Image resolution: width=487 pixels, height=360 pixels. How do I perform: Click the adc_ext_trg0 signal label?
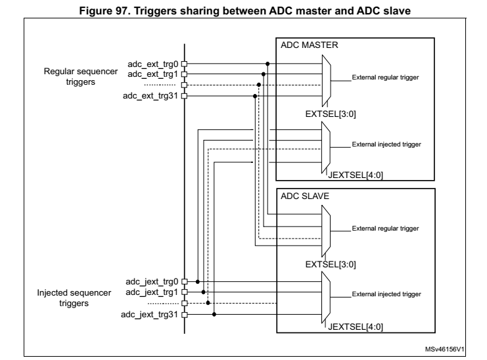coord(152,64)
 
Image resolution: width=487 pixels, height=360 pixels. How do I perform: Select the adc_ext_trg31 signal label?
coord(151,96)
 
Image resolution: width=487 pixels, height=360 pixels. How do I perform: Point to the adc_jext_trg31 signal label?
coord(149,314)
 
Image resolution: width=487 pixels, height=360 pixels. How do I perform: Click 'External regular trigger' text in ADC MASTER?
coord(386,78)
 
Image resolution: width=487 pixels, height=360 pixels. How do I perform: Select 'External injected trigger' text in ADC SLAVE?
coord(386,293)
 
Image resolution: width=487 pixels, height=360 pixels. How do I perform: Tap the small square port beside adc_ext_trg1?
coord(185,74)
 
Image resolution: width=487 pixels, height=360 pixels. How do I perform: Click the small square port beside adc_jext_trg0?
coord(185,281)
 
